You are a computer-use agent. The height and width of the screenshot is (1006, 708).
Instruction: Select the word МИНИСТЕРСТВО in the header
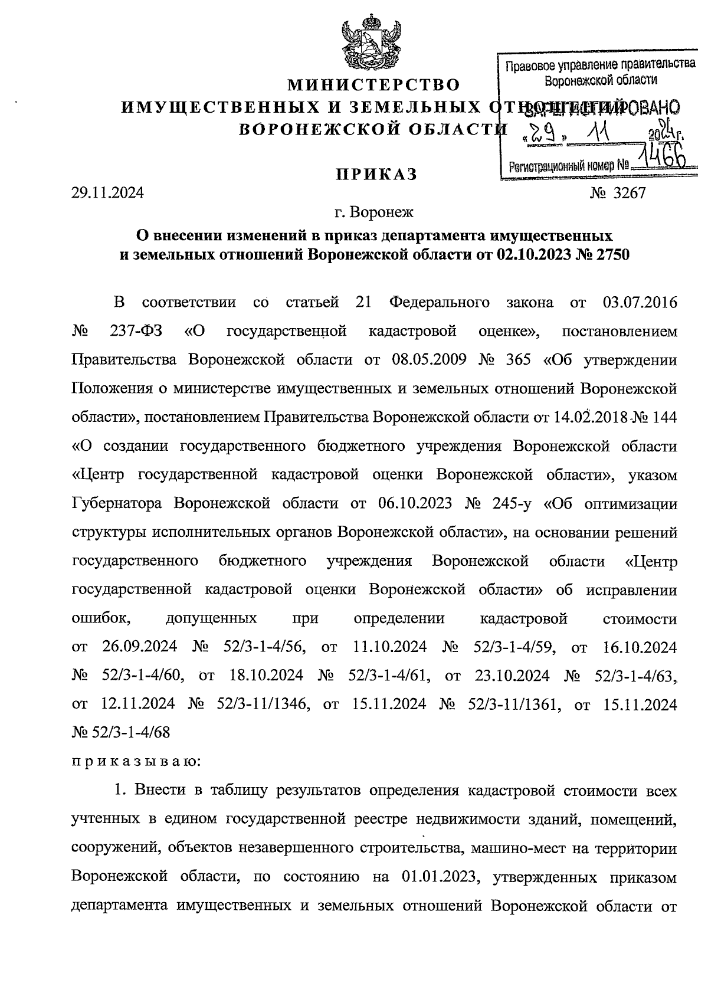point(373,86)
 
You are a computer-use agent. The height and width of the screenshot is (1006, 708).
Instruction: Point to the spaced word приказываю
point(136,761)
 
